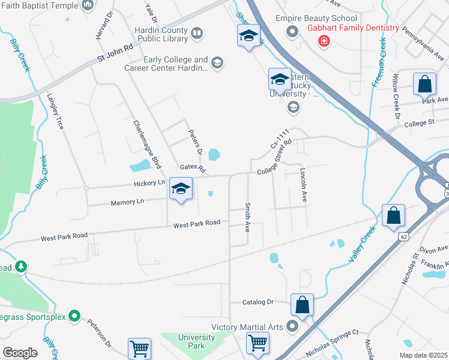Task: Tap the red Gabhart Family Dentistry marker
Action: [324, 40]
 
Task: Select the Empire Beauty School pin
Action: [292, 31]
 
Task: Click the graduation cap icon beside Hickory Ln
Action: [181, 190]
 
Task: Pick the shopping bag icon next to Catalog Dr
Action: [303, 305]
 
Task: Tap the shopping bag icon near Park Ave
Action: [424, 85]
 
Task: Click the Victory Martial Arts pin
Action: [292, 326]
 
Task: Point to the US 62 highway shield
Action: [399, 236]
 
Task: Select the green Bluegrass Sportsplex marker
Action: [74, 315]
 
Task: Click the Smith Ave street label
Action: [247, 217]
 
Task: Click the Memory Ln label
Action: [127, 203]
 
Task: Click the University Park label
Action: [196, 341]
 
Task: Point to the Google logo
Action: [20, 352]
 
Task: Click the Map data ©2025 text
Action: [424, 355]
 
